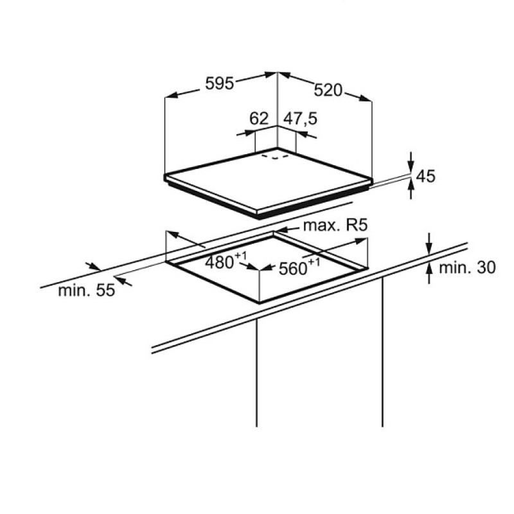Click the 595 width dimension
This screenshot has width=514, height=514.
[x=219, y=84]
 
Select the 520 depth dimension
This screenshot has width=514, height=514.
[x=328, y=90]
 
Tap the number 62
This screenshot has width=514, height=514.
[x=259, y=118]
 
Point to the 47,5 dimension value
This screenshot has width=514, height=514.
[x=300, y=118]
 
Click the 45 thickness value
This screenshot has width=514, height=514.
[x=425, y=176]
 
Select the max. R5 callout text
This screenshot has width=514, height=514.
[x=335, y=226]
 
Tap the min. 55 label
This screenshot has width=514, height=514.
[x=87, y=290]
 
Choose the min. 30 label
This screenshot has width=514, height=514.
[x=467, y=267]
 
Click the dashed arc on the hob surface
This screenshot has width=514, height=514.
[x=275, y=156]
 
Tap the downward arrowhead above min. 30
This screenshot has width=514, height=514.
[x=429, y=248]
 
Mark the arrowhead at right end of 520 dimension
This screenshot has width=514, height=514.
[x=365, y=98]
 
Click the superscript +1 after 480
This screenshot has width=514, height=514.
[x=240, y=255]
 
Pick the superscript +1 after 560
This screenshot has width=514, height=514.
[x=314, y=262]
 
